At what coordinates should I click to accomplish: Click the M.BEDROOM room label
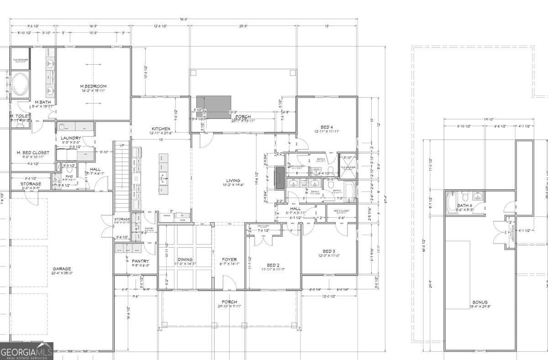(x=93, y=86)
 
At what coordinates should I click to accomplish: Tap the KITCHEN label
(x=161, y=129)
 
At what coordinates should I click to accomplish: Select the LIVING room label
(x=233, y=181)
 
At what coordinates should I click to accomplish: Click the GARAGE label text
(x=61, y=269)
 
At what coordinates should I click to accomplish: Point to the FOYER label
(x=229, y=260)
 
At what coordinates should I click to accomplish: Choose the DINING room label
(x=185, y=259)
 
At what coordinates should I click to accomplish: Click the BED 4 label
(x=327, y=127)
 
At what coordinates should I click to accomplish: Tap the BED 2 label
(x=273, y=265)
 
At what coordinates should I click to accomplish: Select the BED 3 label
(x=329, y=251)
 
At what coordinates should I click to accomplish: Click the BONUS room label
(x=480, y=302)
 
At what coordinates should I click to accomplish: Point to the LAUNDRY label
(x=71, y=138)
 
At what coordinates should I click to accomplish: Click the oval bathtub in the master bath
(x=20, y=85)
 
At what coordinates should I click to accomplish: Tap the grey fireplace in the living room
(x=279, y=178)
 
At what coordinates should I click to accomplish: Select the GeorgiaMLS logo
(x=26, y=351)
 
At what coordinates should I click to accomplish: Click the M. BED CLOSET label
(x=33, y=152)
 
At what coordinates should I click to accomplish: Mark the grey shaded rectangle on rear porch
(x=213, y=108)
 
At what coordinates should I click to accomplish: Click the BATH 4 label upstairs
(x=465, y=205)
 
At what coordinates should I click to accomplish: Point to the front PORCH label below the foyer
(x=229, y=302)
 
